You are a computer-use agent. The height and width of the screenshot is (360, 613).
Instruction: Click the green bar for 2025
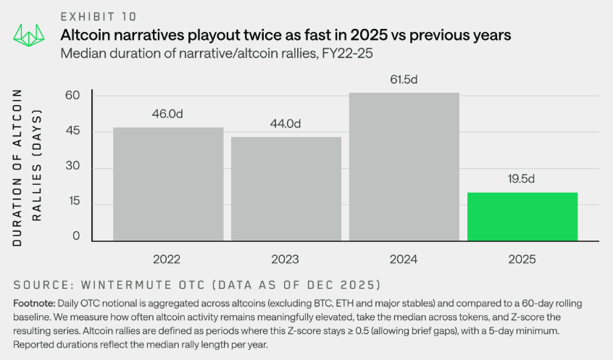click(x=522, y=216)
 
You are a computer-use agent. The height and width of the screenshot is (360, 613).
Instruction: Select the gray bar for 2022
click(x=168, y=184)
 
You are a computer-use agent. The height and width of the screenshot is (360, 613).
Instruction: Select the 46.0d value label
click(x=168, y=114)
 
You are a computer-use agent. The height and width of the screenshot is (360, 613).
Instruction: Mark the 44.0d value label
click(x=285, y=123)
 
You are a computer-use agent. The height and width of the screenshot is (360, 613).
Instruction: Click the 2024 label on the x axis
click(x=404, y=259)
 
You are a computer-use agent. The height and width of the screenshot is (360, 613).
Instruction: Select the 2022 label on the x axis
click(x=168, y=259)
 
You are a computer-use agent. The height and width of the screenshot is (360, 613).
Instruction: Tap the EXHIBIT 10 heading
click(x=98, y=16)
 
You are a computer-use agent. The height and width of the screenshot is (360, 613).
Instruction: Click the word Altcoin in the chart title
click(x=86, y=35)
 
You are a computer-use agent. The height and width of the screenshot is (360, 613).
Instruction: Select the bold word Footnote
click(x=34, y=302)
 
